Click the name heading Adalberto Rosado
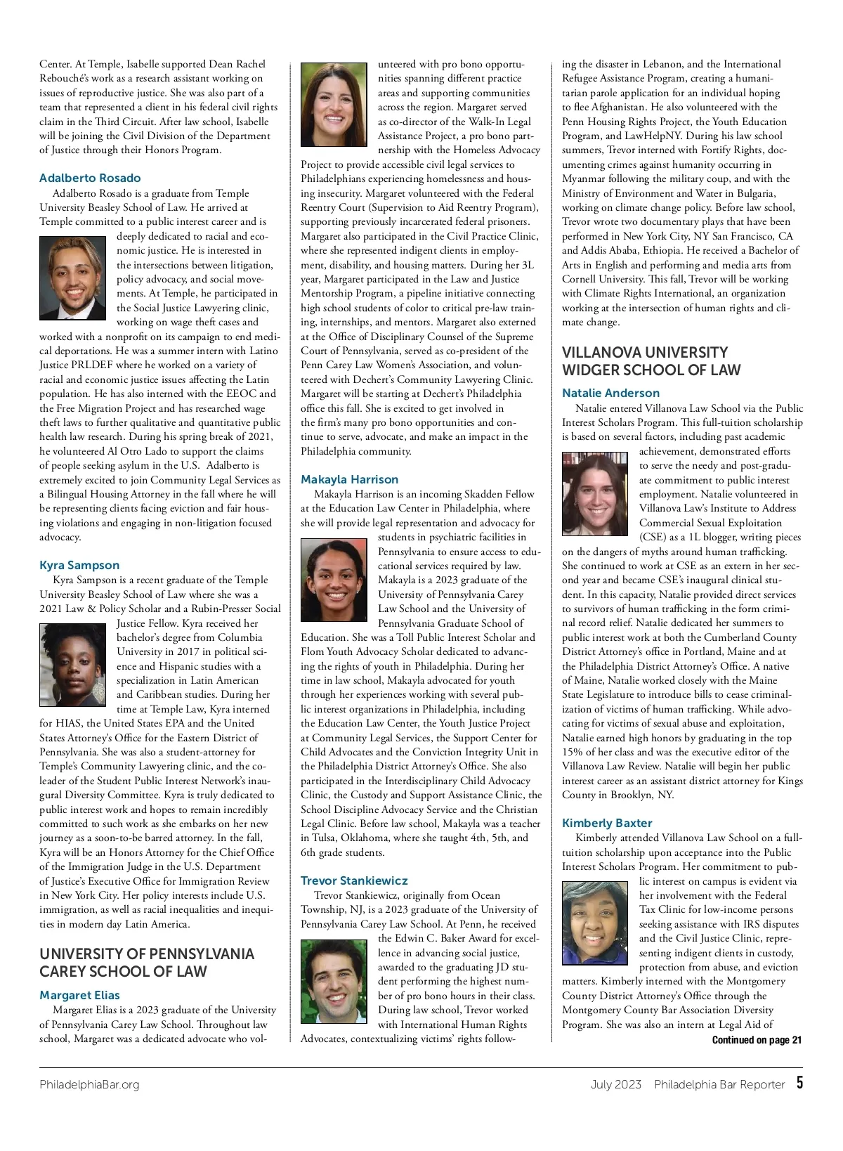(90, 178)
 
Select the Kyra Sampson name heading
(79, 565)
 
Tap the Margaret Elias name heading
(79, 995)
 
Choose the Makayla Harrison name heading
(349, 479)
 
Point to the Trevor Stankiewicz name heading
(354, 880)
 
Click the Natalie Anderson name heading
(610, 393)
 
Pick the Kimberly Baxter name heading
(607, 823)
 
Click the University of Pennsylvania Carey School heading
(147, 963)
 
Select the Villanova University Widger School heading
(651, 361)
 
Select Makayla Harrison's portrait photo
(334, 580)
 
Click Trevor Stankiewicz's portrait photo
(334, 982)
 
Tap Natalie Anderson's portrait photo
(595, 494)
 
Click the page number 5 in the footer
(799, 1083)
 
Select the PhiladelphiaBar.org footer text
(89, 1084)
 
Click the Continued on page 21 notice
(757, 1040)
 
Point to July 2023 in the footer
(615, 1084)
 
